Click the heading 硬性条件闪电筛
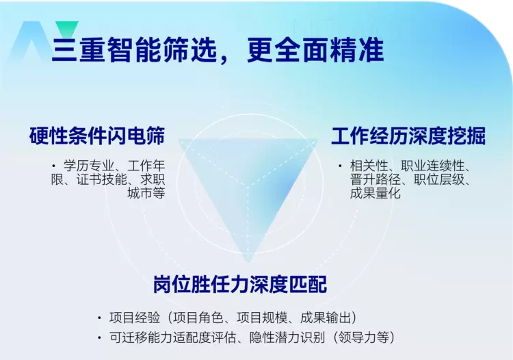[x=97, y=136]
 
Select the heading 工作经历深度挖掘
[x=408, y=136]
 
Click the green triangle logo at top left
[x=66, y=29]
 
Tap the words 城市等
[x=146, y=193]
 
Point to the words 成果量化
[x=375, y=193]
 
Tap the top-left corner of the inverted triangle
[x=180, y=141]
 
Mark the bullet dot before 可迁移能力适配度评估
[x=101, y=337]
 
